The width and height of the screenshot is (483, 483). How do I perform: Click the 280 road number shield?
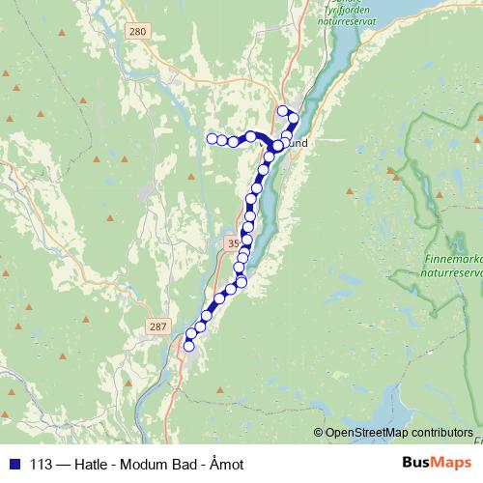[137, 32]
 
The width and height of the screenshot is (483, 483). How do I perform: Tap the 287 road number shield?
[158, 327]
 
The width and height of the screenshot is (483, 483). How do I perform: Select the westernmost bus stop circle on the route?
[212, 138]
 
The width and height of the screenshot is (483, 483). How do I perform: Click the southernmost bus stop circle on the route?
[189, 346]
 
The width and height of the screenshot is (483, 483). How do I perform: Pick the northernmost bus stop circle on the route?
[283, 110]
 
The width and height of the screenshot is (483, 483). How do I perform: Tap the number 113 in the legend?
[42, 465]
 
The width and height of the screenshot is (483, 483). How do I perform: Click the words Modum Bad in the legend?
[156, 465]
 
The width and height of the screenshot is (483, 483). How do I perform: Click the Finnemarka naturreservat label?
[454, 267]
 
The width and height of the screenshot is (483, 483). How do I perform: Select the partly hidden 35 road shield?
[231, 243]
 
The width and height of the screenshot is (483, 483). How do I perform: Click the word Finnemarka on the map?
[454, 260]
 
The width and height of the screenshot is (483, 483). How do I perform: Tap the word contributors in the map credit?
[440, 433]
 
